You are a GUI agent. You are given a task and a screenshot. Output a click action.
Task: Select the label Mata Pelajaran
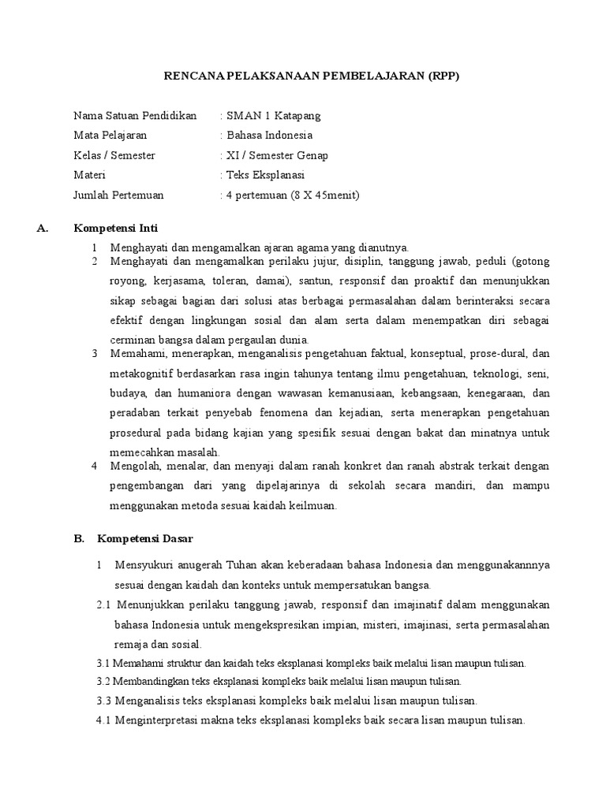[110, 136]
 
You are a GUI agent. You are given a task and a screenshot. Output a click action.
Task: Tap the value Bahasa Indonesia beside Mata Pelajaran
[269, 136]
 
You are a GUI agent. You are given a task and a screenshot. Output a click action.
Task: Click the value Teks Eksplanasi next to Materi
[265, 175]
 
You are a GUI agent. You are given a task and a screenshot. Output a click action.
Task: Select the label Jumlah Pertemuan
[118, 195]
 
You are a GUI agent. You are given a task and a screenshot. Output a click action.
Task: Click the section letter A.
[43, 229]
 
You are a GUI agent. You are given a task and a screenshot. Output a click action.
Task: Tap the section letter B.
[79, 539]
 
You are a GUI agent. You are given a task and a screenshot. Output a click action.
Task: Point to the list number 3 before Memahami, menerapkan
[94, 352]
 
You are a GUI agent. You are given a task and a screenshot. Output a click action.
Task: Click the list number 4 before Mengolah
[94, 466]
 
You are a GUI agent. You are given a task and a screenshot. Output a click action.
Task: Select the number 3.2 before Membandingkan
[103, 681]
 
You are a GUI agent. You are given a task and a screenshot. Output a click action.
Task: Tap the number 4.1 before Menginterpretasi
[104, 720]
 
